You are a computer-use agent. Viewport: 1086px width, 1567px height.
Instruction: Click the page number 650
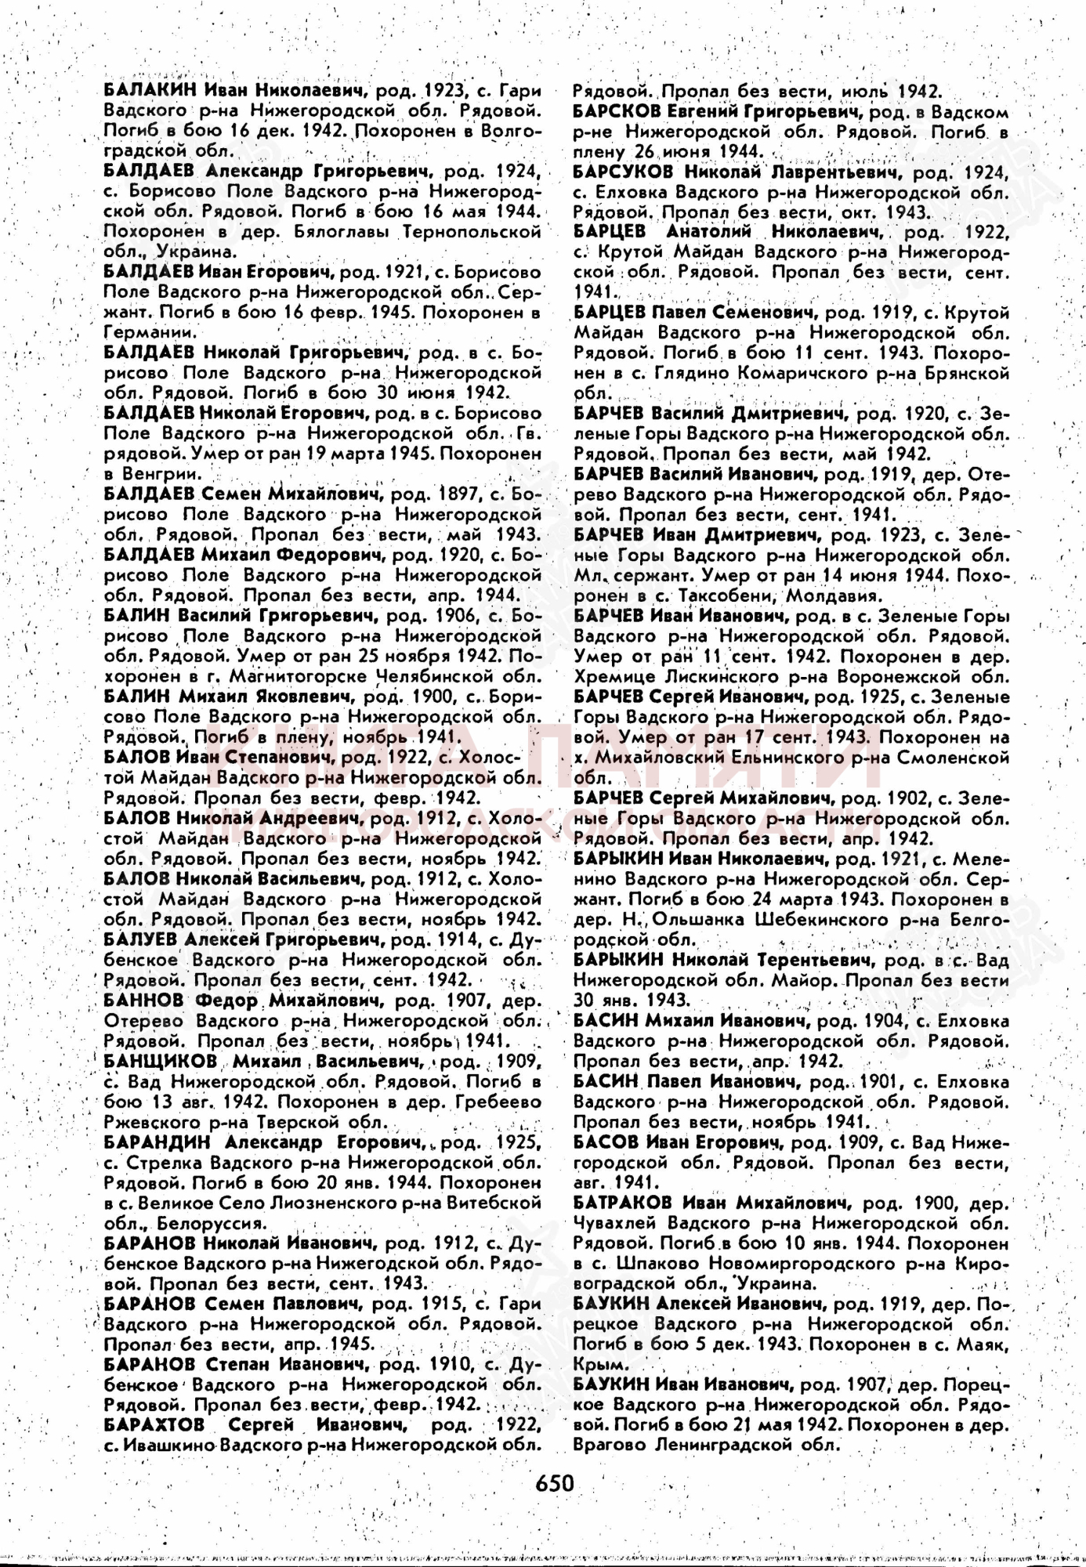coord(555,1482)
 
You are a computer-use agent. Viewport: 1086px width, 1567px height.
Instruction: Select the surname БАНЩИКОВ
coord(160,1062)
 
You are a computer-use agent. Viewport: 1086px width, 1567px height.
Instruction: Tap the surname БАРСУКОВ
coord(623,172)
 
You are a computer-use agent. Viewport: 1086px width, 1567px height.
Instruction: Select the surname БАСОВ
coord(606,1142)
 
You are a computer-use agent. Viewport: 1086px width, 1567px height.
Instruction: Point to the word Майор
coord(802,980)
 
